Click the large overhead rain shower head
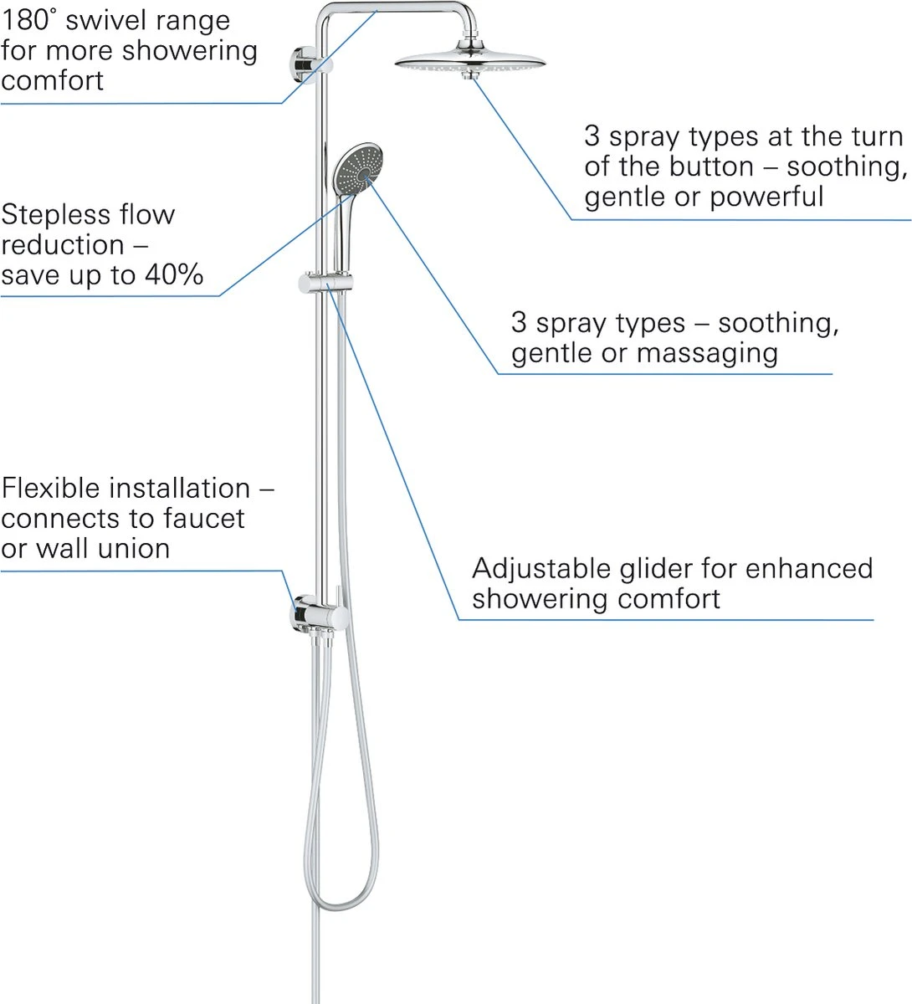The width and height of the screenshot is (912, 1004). pyautogui.click(x=469, y=61)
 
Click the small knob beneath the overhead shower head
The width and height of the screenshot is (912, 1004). pyautogui.click(x=471, y=76)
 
